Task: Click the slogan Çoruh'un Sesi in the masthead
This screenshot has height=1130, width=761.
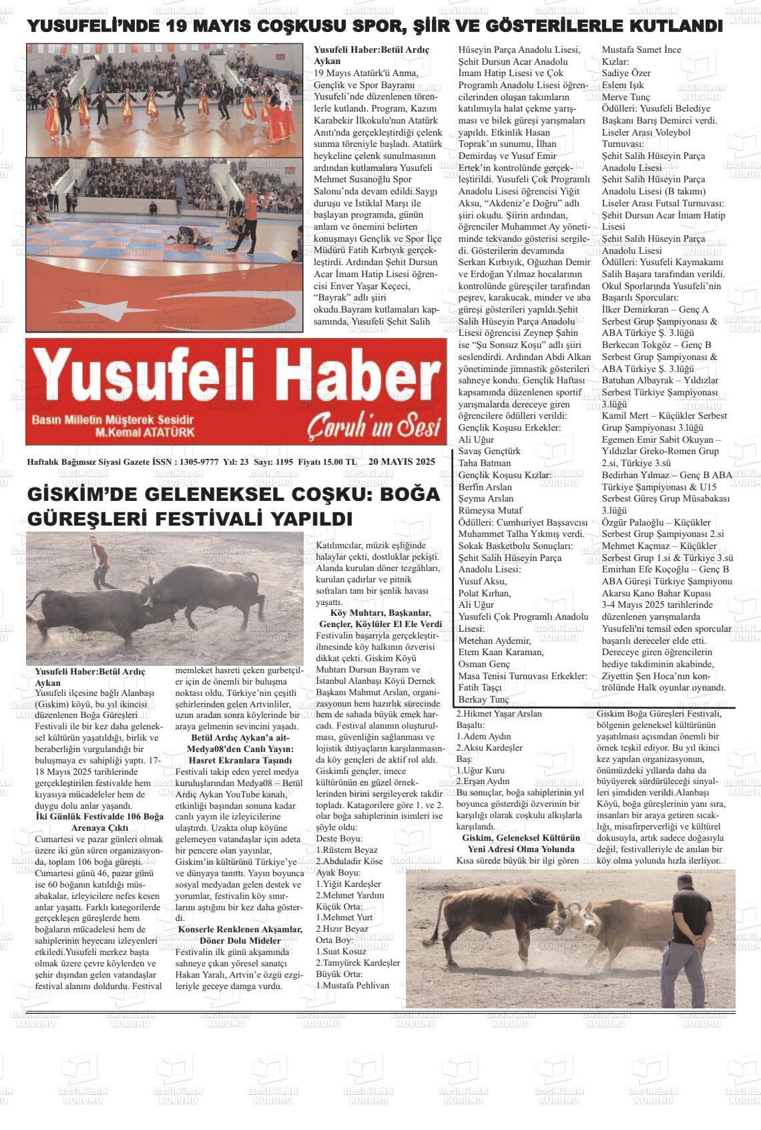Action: (374, 427)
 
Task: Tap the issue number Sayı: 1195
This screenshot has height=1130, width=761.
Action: (274, 461)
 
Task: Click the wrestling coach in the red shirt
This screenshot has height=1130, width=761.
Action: (250, 206)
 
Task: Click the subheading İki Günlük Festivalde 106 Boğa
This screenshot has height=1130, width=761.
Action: (99, 816)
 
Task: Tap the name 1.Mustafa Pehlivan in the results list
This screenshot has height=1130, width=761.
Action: (352, 985)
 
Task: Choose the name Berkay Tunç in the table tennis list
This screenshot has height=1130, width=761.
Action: (483, 699)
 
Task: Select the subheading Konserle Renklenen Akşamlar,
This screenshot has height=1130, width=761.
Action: (240, 929)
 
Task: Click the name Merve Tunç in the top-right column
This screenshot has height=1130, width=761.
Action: (625, 97)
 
